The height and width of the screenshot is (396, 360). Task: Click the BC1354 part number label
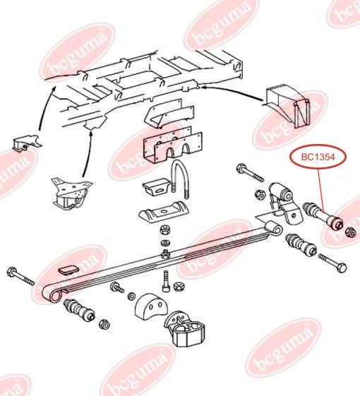(318, 157)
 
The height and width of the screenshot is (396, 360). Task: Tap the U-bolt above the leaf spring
(181, 179)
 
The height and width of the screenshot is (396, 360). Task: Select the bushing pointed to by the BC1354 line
(323, 216)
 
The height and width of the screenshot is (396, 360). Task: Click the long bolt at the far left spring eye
(20, 276)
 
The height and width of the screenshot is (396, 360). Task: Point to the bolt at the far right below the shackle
(332, 263)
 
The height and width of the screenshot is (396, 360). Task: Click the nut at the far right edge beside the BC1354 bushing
(351, 232)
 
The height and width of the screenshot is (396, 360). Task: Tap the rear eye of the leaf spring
(275, 228)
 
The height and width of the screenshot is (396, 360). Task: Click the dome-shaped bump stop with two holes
(151, 306)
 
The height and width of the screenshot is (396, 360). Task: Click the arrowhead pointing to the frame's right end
(206, 87)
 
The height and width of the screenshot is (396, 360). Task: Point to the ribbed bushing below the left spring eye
(79, 310)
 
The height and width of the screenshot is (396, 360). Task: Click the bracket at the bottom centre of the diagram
(184, 329)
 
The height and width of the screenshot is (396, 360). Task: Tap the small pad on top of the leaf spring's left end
(68, 270)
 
